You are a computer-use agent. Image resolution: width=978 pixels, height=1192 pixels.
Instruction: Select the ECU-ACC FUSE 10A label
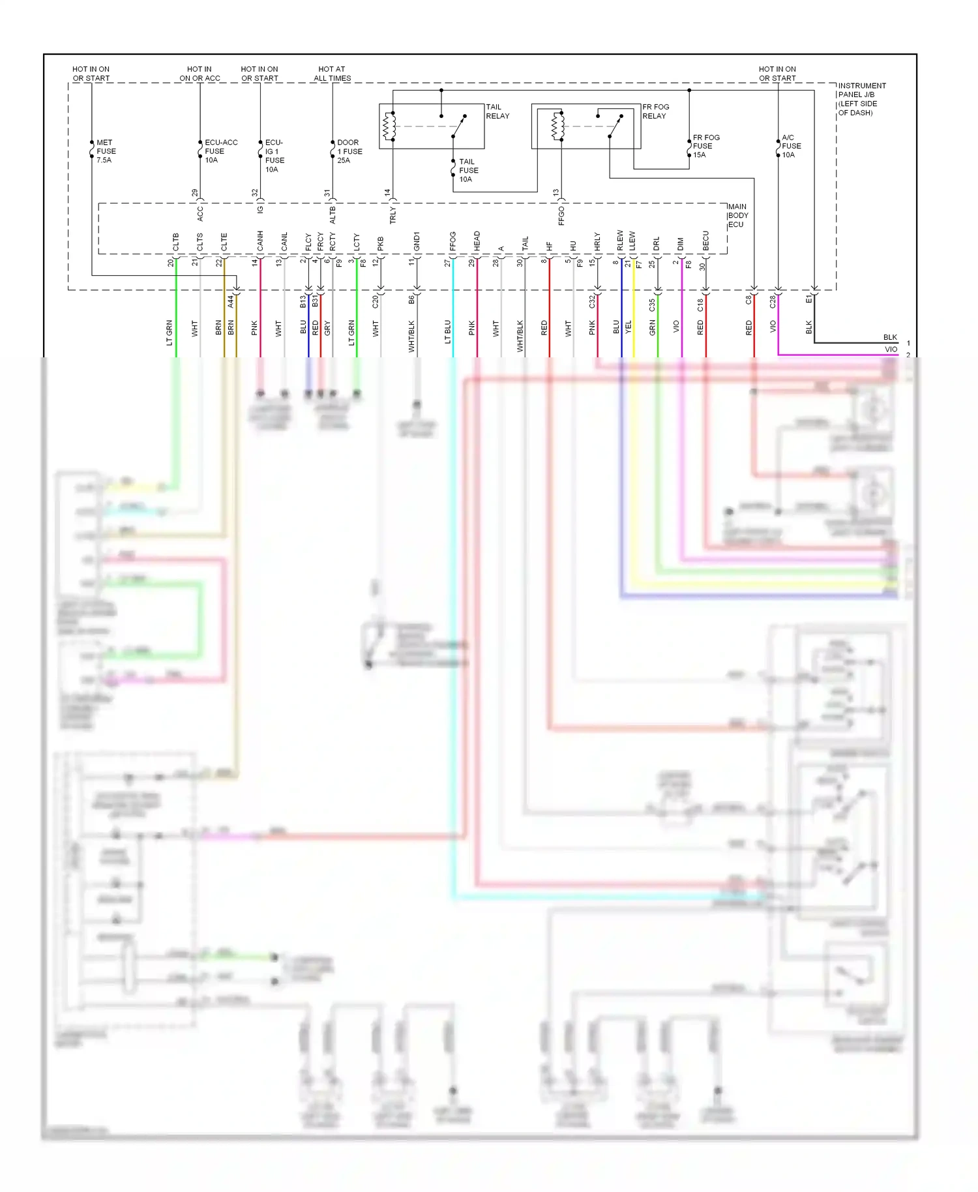(x=220, y=151)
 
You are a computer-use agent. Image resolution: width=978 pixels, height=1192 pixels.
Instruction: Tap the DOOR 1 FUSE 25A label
(x=349, y=151)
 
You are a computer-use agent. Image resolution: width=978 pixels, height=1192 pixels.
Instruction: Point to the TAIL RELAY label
(x=497, y=112)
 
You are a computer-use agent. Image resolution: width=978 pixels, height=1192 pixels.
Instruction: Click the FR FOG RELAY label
(x=655, y=112)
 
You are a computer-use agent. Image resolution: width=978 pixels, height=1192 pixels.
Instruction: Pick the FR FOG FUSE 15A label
(x=705, y=146)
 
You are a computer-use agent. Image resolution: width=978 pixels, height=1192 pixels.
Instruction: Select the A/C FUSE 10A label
(x=791, y=146)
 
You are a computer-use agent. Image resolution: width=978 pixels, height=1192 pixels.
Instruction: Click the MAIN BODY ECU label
(x=737, y=216)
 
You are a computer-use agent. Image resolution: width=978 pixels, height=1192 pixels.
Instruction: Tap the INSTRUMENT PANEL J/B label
(x=861, y=99)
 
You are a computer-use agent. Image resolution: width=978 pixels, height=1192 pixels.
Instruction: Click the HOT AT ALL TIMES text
(x=332, y=74)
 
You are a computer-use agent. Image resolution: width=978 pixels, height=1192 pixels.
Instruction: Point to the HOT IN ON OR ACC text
(x=200, y=74)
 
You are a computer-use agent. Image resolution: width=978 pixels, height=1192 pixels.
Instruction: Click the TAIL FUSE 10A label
(x=468, y=170)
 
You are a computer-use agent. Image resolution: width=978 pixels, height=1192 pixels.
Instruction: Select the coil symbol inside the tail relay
(x=389, y=126)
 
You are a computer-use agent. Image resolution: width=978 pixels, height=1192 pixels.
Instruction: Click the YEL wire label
(x=629, y=327)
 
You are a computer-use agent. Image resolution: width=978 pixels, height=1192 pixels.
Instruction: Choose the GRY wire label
(x=327, y=328)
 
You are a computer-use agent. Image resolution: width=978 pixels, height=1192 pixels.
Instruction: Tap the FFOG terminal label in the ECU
(x=453, y=241)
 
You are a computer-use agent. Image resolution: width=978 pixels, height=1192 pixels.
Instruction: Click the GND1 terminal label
(x=417, y=241)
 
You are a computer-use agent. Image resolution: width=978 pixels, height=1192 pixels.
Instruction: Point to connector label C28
(x=773, y=301)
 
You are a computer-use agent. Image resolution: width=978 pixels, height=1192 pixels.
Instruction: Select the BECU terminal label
(x=705, y=241)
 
